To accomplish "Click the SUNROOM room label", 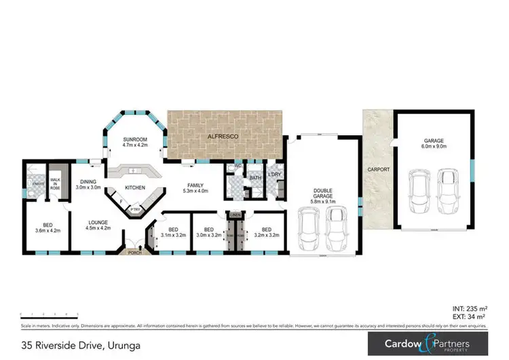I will tap(134, 141).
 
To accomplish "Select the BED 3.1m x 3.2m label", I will tap(173, 232).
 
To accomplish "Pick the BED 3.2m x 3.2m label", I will tap(267, 232).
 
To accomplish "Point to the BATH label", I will tap(255, 178).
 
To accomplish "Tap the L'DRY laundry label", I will tap(275, 175).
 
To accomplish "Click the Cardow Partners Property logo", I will tap(426, 344).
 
